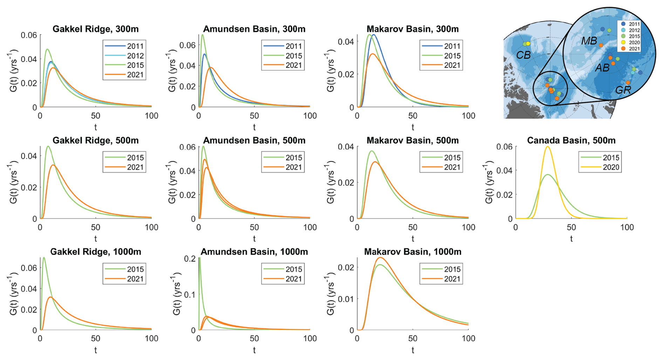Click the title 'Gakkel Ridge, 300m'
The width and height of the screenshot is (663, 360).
pos(96,29)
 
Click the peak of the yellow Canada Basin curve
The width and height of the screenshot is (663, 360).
pos(547,147)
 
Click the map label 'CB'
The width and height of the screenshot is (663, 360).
pos(524,55)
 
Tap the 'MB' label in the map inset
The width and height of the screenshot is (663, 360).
pos(589,41)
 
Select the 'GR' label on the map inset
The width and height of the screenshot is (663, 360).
pos(623,90)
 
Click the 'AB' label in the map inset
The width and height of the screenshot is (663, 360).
pos(602,68)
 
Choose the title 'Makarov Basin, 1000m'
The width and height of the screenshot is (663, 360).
pos(412,252)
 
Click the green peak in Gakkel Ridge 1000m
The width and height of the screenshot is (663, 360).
pos(44,258)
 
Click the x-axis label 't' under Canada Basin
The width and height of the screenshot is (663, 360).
pos(571,239)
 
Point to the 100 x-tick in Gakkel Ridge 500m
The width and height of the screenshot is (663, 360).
pos(151,227)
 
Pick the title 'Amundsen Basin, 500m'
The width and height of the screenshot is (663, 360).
pos(254,141)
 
